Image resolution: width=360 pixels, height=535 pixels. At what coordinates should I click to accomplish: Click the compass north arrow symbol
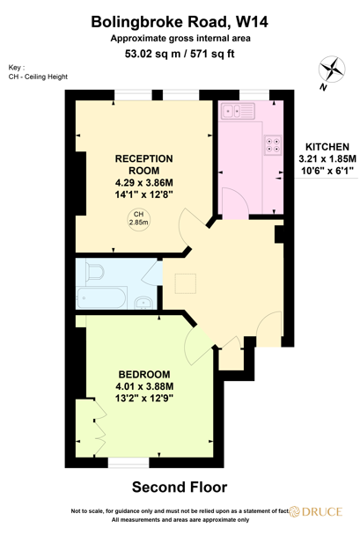tap(332, 71)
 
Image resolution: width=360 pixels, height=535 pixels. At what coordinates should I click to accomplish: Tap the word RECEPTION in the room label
tap(144, 158)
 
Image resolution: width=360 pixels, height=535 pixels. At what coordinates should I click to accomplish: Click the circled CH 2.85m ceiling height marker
tap(139, 219)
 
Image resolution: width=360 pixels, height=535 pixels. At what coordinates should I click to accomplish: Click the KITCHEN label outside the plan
tap(327, 146)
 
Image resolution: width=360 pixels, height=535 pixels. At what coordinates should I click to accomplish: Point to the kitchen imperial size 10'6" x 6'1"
tap(327, 170)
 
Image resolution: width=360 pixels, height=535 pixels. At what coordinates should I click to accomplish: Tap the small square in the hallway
tap(186, 282)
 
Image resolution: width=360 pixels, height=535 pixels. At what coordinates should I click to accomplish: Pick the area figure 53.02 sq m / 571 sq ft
tap(180, 55)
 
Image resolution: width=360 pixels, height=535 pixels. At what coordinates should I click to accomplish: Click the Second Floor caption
tap(180, 487)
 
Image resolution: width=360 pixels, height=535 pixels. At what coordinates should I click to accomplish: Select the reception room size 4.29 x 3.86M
tap(144, 183)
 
